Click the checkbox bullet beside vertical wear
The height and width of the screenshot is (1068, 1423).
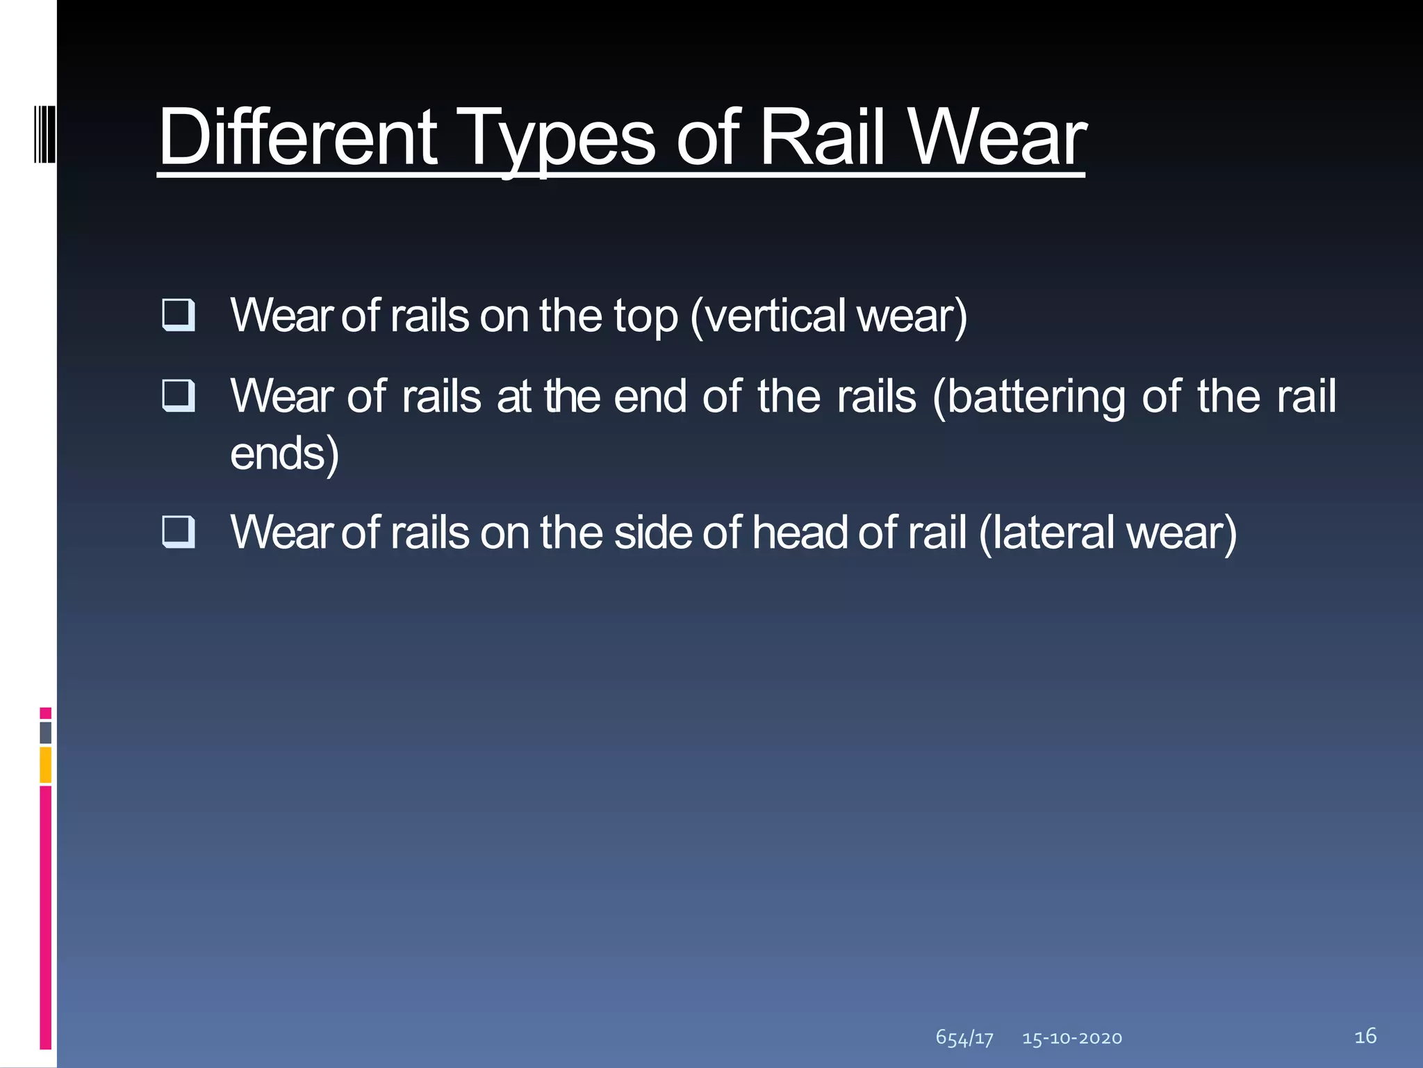pos(178,314)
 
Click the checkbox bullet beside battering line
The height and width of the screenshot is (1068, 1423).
pos(178,396)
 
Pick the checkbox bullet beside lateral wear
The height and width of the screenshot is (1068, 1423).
pos(178,532)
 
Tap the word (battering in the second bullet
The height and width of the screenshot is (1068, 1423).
pos(1028,397)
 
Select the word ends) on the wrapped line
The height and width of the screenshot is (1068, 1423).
pos(284,454)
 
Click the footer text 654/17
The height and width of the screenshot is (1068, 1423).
pos(964,1038)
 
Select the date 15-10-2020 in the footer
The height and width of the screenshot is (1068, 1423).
pos(1072,1038)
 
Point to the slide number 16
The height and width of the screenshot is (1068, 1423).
pos(1365,1036)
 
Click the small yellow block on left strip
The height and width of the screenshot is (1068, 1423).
pos(46,765)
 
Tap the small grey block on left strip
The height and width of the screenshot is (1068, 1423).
pos(46,733)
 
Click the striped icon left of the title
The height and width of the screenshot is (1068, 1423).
pos(44,132)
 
